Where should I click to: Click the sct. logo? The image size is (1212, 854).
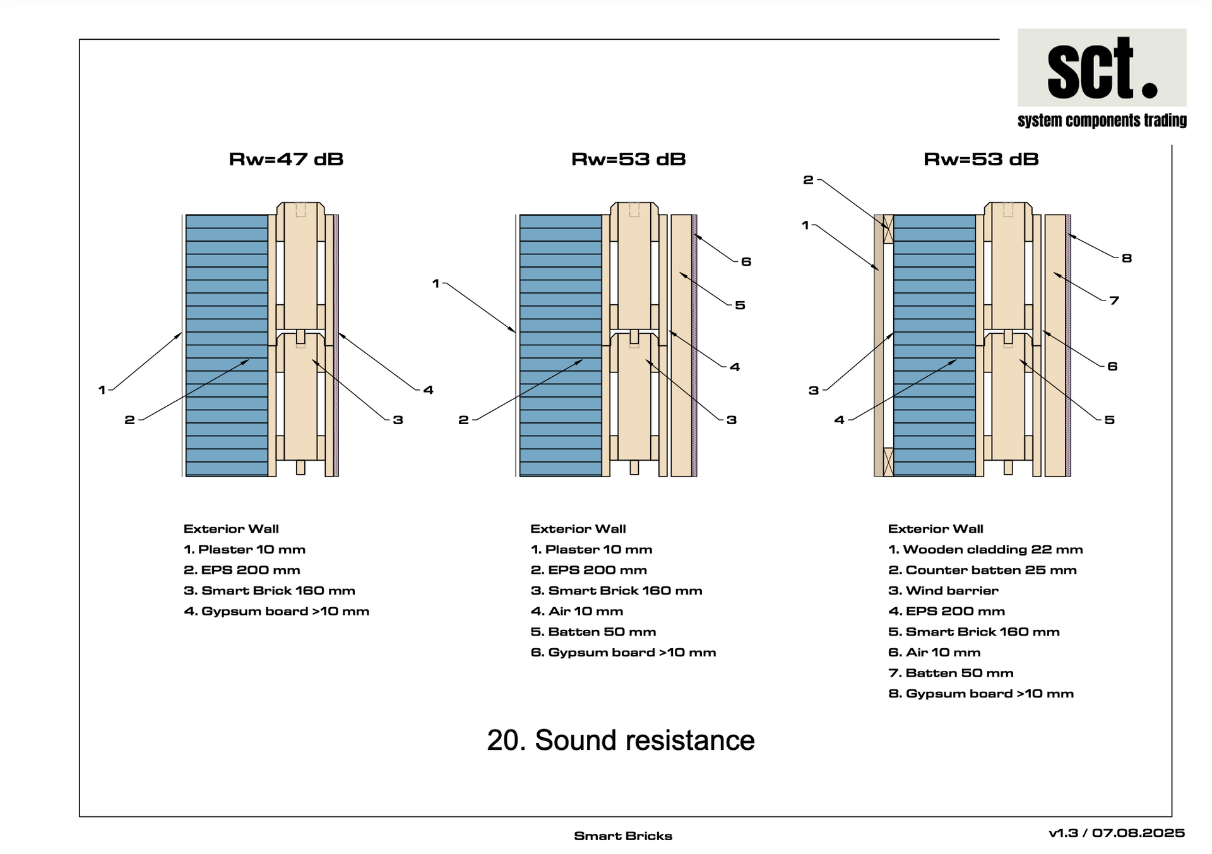(x=1102, y=67)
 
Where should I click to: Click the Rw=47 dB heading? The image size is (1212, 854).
(x=286, y=159)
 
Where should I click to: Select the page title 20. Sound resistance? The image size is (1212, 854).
(x=621, y=740)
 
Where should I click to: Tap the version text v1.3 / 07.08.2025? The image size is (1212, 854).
(x=1117, y=833)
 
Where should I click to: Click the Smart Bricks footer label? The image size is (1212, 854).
(x=623, y=836)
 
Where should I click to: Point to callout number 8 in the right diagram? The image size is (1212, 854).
(x=1127, y=258)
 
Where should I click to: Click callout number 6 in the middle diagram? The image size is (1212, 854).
(x=746, y=261)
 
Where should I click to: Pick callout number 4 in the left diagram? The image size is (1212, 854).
(x=428, y=390)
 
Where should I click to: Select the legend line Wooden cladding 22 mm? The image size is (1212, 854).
(x=985, y=550)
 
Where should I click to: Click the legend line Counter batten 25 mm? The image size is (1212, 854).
(x=982, y=570)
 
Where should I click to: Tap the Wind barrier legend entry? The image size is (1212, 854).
(x=943, y=591)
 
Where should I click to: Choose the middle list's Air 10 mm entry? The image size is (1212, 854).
(x=577, y=611)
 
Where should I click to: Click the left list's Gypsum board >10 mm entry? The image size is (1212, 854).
(x=276, y=612)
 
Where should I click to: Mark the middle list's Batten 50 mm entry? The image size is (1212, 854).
(x=593, y=632)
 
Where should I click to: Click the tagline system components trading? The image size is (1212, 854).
(x=1102, y=121)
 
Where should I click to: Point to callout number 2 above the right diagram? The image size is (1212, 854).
(x=808, y=180)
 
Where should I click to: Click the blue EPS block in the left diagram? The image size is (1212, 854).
(x=227, y=345)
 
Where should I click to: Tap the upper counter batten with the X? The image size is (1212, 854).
(x=888, y=229)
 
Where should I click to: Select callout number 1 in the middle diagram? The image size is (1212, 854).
(x=436, y=284)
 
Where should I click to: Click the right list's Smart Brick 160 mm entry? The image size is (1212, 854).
(x=974, y=632)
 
